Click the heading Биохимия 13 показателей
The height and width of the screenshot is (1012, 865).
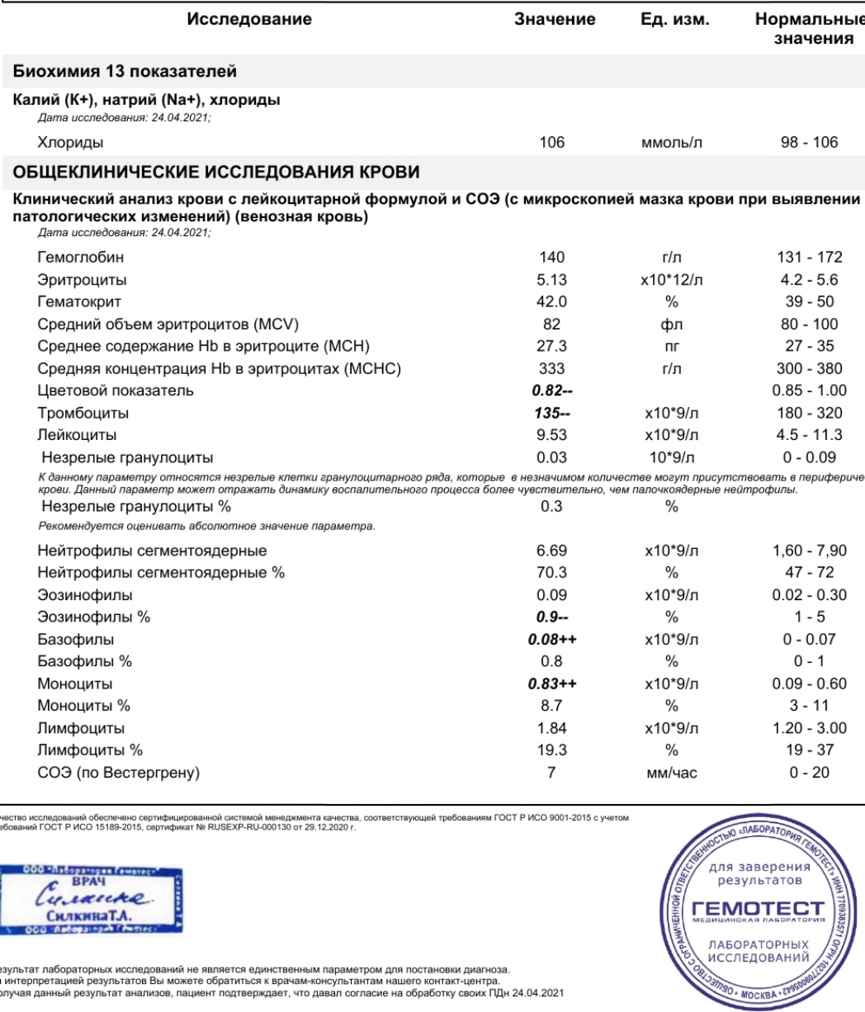(x=124, y=72)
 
